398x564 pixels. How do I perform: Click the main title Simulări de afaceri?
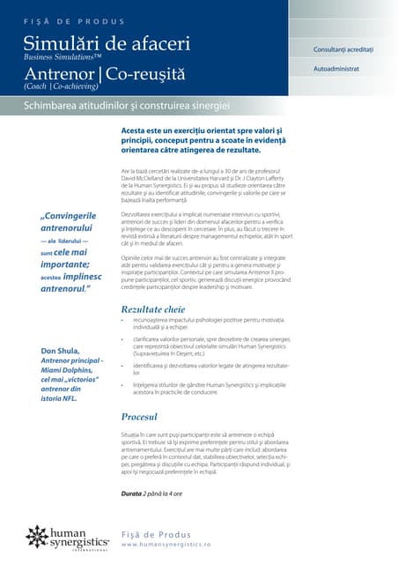click(x=107, y=41)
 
